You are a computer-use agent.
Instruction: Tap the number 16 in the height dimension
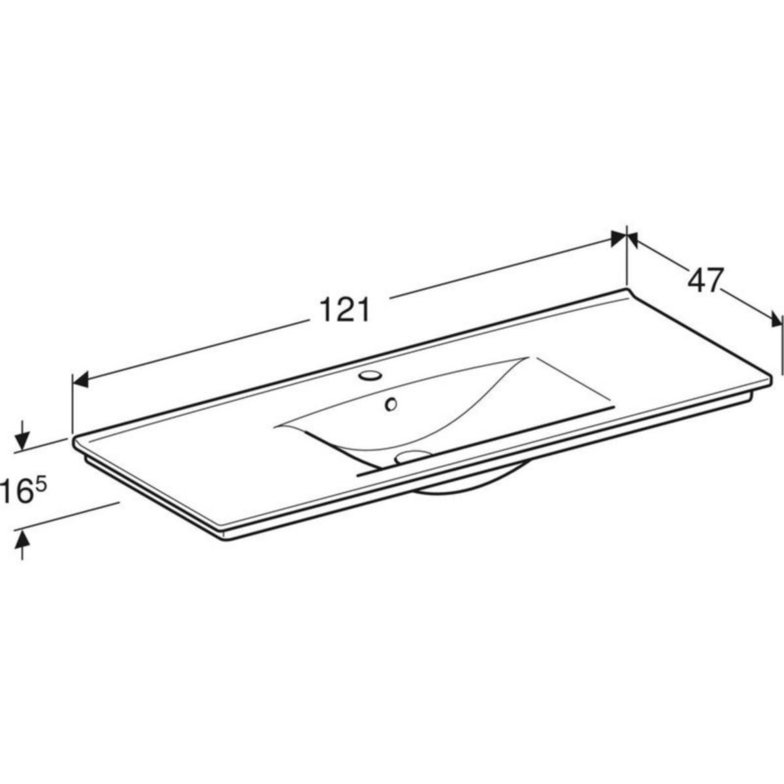17,491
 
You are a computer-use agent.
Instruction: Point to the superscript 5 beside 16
42,485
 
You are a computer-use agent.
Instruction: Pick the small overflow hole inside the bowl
391,404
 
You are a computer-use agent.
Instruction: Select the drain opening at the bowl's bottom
412,455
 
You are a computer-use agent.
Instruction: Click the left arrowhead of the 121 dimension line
80,380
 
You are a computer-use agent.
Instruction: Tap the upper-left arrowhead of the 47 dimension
632,240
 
